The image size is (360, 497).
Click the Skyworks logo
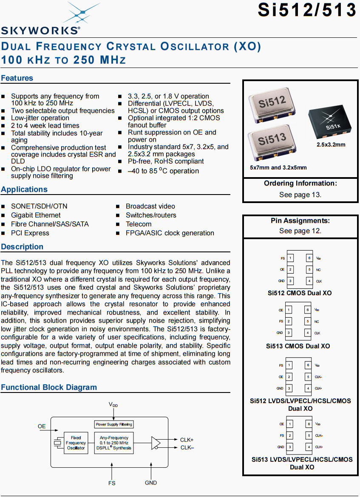(41, 19)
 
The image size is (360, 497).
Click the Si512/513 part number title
(306, 10)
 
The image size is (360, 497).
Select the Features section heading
(17, 78)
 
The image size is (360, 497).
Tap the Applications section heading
(24, 189)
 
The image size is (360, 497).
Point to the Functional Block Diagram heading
(49, 387)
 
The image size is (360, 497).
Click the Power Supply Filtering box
(114, 424)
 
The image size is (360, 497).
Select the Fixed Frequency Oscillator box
(76, 443)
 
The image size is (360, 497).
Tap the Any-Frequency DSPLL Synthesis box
(114, 443)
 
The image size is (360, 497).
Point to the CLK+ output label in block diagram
(187, 440)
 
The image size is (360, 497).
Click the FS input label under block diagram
(112, 483)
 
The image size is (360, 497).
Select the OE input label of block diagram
(42, 426)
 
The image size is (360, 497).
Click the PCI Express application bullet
(30, 233)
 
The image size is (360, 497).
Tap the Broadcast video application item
(150, 206)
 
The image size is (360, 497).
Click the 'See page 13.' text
(300, 195)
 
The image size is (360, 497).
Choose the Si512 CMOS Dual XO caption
(300, 293)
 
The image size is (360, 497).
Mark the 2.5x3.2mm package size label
(331, 145)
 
